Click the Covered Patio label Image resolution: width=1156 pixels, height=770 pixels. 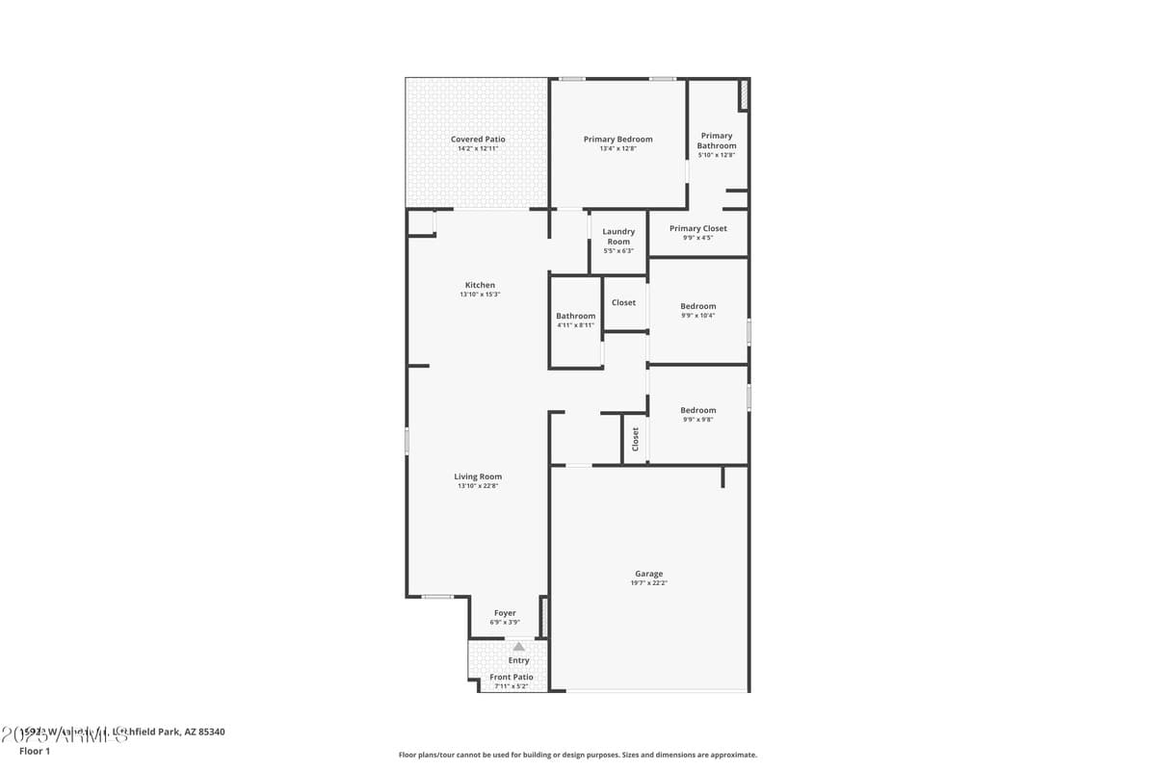[x=478, y=140]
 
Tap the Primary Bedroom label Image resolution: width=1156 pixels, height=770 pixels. [x=617, y=140]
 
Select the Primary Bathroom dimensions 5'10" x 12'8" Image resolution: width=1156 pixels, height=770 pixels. [x=716, y=155]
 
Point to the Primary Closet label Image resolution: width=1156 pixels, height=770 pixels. [x=697, y=228]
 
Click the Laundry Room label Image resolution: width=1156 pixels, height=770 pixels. [x=618, y=237]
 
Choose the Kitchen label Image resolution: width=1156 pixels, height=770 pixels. [x=480, y=285]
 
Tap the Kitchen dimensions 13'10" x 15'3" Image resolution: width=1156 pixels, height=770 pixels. [x=480, y=295]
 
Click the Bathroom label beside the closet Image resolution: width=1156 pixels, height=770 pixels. [x=575, y=316]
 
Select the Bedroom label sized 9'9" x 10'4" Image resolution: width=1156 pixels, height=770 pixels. [x=697, y=306]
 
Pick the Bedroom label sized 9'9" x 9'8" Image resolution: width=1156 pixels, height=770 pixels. [x=697, y=410]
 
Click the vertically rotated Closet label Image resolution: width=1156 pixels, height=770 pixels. [x=635, y=439]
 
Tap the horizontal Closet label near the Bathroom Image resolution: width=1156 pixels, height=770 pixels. [x=623, y=302]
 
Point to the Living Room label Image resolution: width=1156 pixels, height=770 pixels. [x=478, y=476]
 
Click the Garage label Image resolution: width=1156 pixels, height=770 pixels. [x=648, y=574]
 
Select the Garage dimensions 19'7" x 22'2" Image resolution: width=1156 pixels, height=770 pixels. [x=648, y=583]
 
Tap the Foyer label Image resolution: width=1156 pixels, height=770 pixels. [x=505, y=613]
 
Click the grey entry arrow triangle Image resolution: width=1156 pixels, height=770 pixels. [x=518, y=647]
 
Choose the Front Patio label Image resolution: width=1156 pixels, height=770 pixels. [x=512, y=677]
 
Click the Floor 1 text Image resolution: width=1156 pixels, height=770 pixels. [x=35, y=751]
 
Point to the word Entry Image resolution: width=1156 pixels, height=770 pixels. [x=518, y=660]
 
